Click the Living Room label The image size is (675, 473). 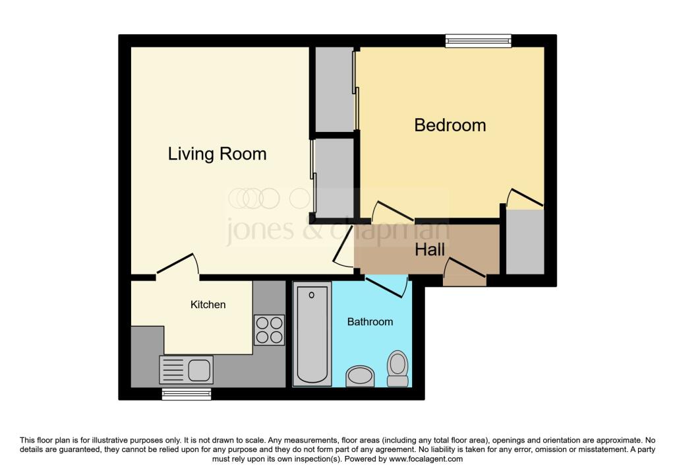point(217,154)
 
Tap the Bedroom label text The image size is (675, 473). point(450,125)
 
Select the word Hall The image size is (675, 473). point(430,250)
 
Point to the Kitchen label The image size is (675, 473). point(208,305)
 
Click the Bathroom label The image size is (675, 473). point(370,322)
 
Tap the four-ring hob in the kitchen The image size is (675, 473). point(269,330)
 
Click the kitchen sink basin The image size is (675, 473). point(199,369)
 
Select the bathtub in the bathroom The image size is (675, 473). point(312,334)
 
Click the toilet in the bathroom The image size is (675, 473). point(397,369)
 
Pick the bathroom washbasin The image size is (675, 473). point(361,377)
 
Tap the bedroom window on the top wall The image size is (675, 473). point(479,40)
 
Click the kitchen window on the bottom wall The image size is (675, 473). point(187,394)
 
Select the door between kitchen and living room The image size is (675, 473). point(177,264)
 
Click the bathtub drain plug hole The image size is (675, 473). point(312,295)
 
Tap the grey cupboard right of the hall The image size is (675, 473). point(525,241)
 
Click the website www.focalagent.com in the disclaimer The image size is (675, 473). point(426,458)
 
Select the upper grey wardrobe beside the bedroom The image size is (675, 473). point(334,89)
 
